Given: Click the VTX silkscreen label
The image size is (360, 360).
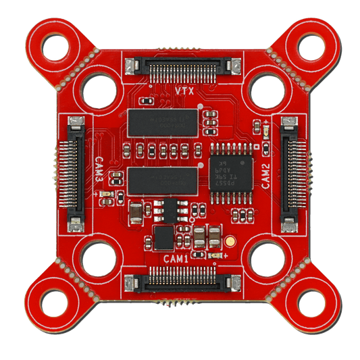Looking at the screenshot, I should pyautogui.click(x=180, y=90).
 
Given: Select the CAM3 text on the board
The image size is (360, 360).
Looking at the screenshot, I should pyautogui.click(x=99, y=172).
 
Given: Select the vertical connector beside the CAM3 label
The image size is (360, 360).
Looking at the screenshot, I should pyautogui.click(x=74, y=172).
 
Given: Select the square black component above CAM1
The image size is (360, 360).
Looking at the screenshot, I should pyautogui.click(x=163, y=237).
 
